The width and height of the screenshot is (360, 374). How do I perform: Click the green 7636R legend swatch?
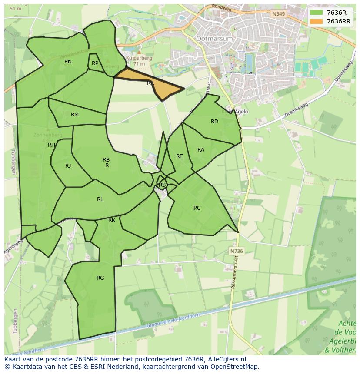tap(317, 13)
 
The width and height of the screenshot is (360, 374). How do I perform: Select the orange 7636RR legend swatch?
tap(317, 21)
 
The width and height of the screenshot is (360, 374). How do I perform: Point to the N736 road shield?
tap(236, 251)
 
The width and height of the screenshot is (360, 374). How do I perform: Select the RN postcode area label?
tap(68, 62)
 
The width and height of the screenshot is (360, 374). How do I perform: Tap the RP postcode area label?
tap(95, 63)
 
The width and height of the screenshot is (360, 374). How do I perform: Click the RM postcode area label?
tap(75, 115)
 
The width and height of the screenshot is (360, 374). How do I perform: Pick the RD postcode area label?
tap(214, 122)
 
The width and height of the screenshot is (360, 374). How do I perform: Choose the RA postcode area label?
tap(201, 150)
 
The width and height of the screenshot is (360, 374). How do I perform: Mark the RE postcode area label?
tap(180, 156)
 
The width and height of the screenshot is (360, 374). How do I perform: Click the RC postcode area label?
tap(197, 208)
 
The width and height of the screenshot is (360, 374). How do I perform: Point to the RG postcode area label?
tap(100, 278)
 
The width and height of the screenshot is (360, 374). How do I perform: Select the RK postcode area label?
tap(112, 220)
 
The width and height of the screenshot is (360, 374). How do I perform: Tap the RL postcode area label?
tap(100, 199)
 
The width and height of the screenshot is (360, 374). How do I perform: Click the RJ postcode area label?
tap(68, 166)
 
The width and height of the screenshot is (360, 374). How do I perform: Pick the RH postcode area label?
tap(51, 145)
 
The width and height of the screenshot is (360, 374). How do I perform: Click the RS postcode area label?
tap(162, 185)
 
